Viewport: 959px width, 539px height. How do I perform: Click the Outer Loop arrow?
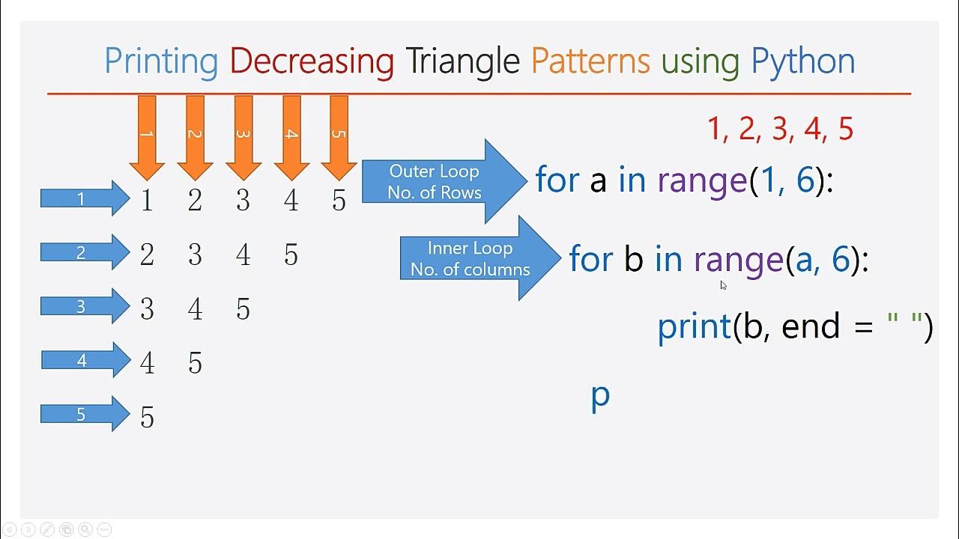tap(442, 181)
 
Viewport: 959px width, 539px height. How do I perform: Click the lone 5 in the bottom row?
tap(147, 417)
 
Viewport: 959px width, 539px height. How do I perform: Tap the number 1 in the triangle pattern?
tap(147, 201)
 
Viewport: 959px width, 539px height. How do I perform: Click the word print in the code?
tap(694, 327)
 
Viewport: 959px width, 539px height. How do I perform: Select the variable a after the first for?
tap(597, 181)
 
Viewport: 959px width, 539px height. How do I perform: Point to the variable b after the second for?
tap(633, 259)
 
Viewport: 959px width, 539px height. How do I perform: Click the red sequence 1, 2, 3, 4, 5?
tap(780, 130)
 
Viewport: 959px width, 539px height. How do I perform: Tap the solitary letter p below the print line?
tap(600, 395)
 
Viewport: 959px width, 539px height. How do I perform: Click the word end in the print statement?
tap(811, 327)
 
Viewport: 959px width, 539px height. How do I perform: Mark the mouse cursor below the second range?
tap(724, 285)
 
